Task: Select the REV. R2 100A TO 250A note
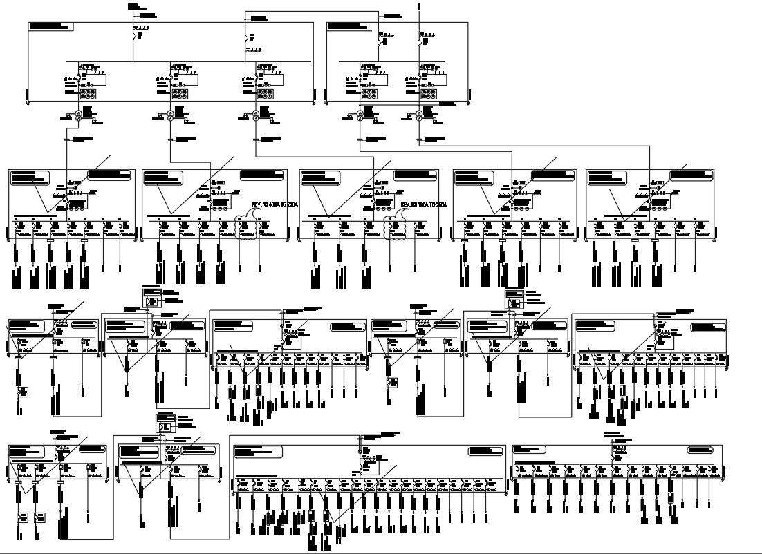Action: pos(424,205)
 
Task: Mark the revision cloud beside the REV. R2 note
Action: pos(396,227)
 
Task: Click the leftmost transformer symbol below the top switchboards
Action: pos(78,115)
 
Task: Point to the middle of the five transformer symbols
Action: pos(255,115)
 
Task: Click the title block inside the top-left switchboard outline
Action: pos(51,26)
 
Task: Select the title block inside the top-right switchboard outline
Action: pos(350,26)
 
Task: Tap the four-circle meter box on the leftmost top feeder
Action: pos(88,95)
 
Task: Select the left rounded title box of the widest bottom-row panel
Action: pos(258,452)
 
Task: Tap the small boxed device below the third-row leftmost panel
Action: pos(23,392)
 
